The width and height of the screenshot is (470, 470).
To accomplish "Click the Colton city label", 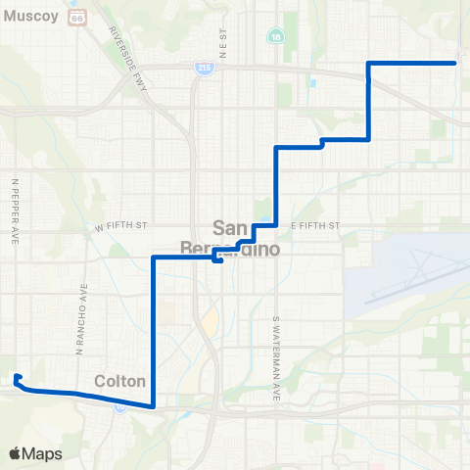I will [120, 380].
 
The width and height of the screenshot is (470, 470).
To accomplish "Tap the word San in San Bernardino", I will [231, 224].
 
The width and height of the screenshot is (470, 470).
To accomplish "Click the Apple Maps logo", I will [35, 453].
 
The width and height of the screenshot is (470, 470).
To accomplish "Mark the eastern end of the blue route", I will [456, 63].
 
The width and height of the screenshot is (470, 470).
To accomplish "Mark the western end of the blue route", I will [16, 375].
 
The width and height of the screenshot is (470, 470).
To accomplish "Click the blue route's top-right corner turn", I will [368, 63].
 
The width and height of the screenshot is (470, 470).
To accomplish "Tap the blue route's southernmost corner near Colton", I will [154, 405].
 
